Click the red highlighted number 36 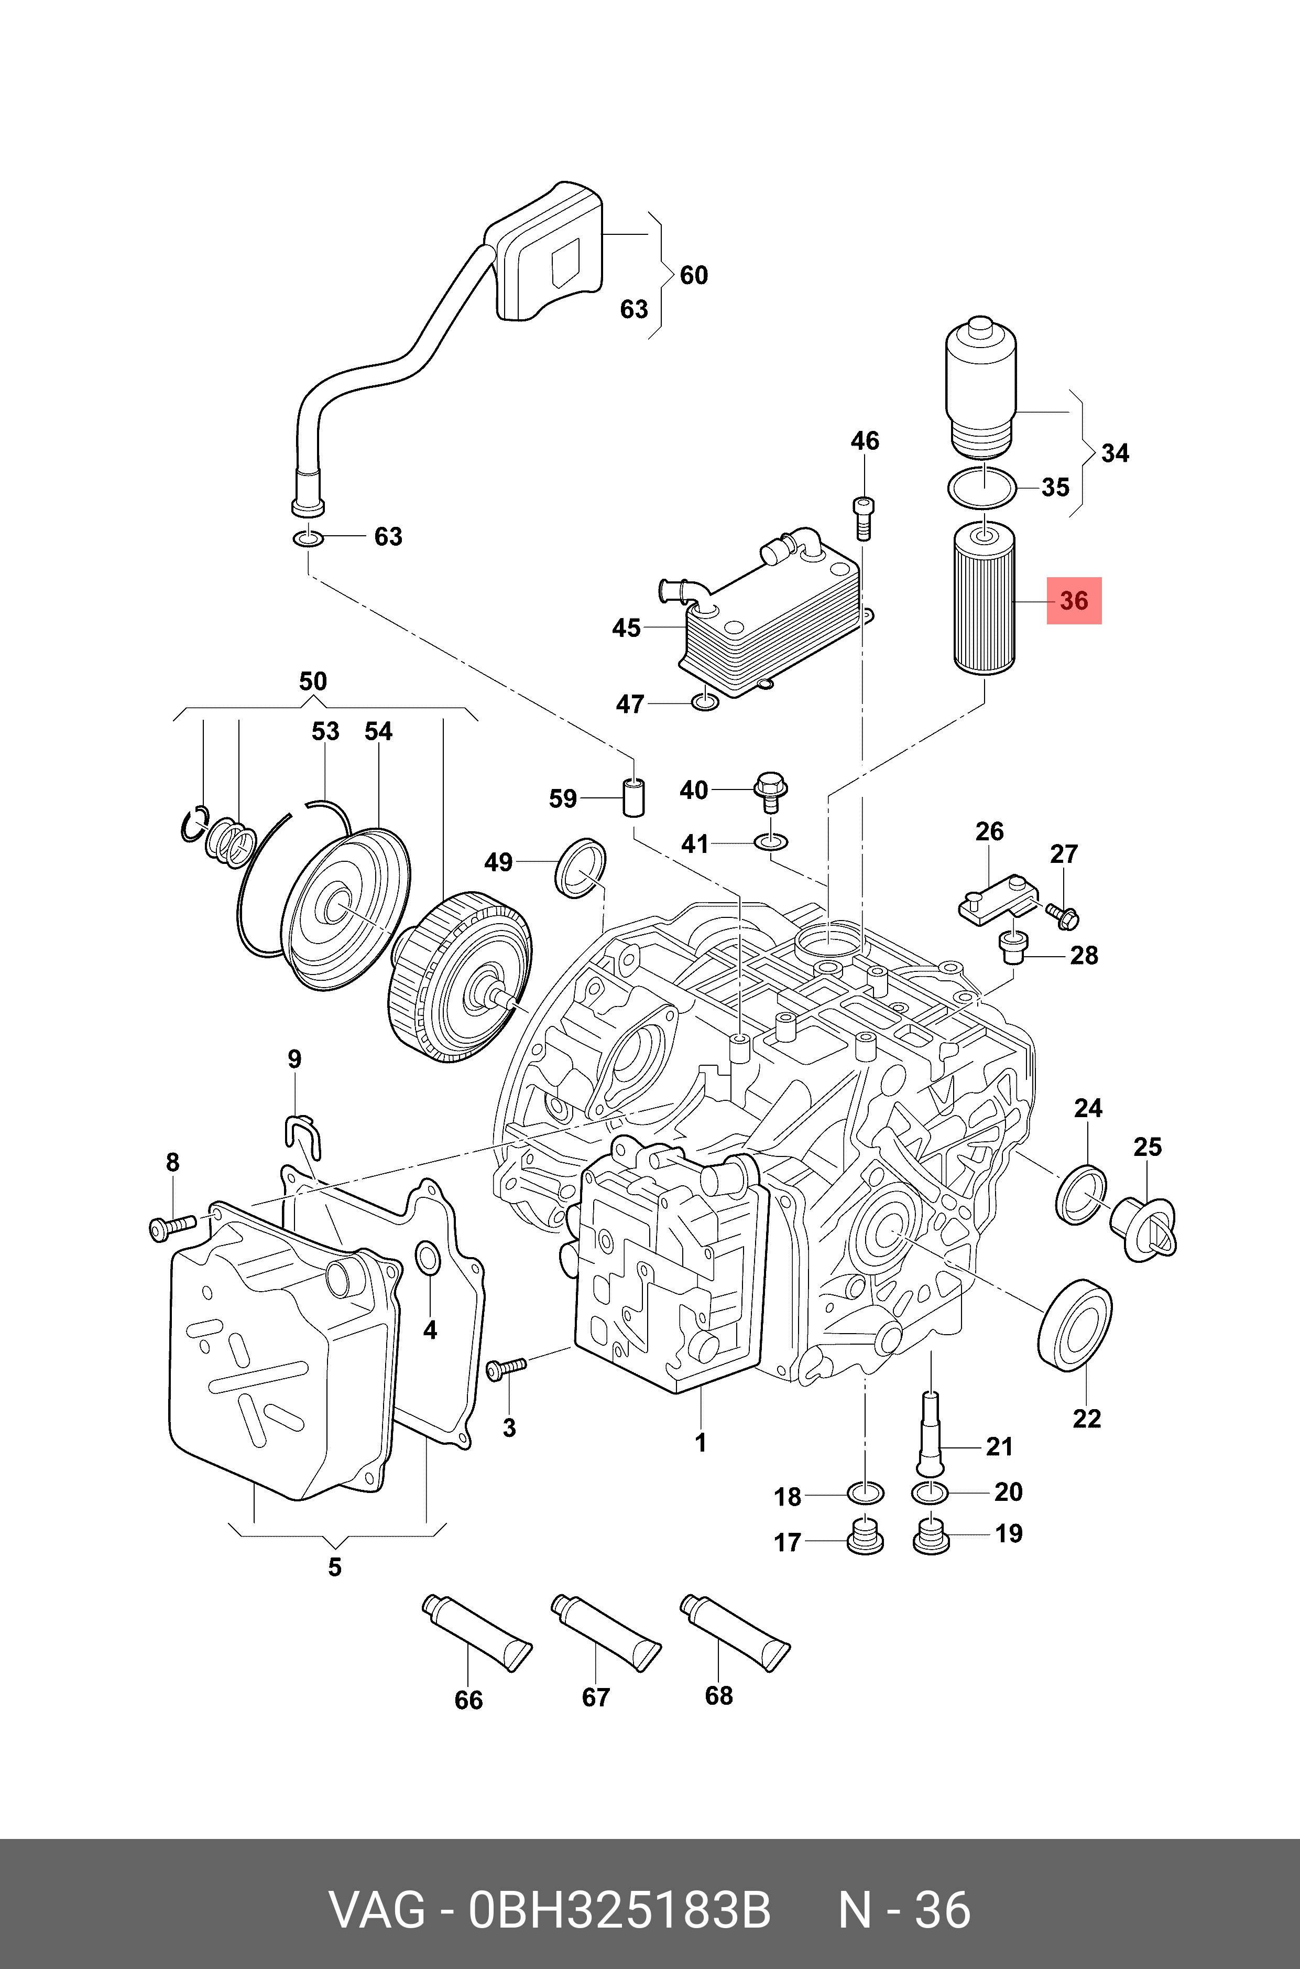click(x=1074, y=600)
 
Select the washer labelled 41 click(x=771, y=842)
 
